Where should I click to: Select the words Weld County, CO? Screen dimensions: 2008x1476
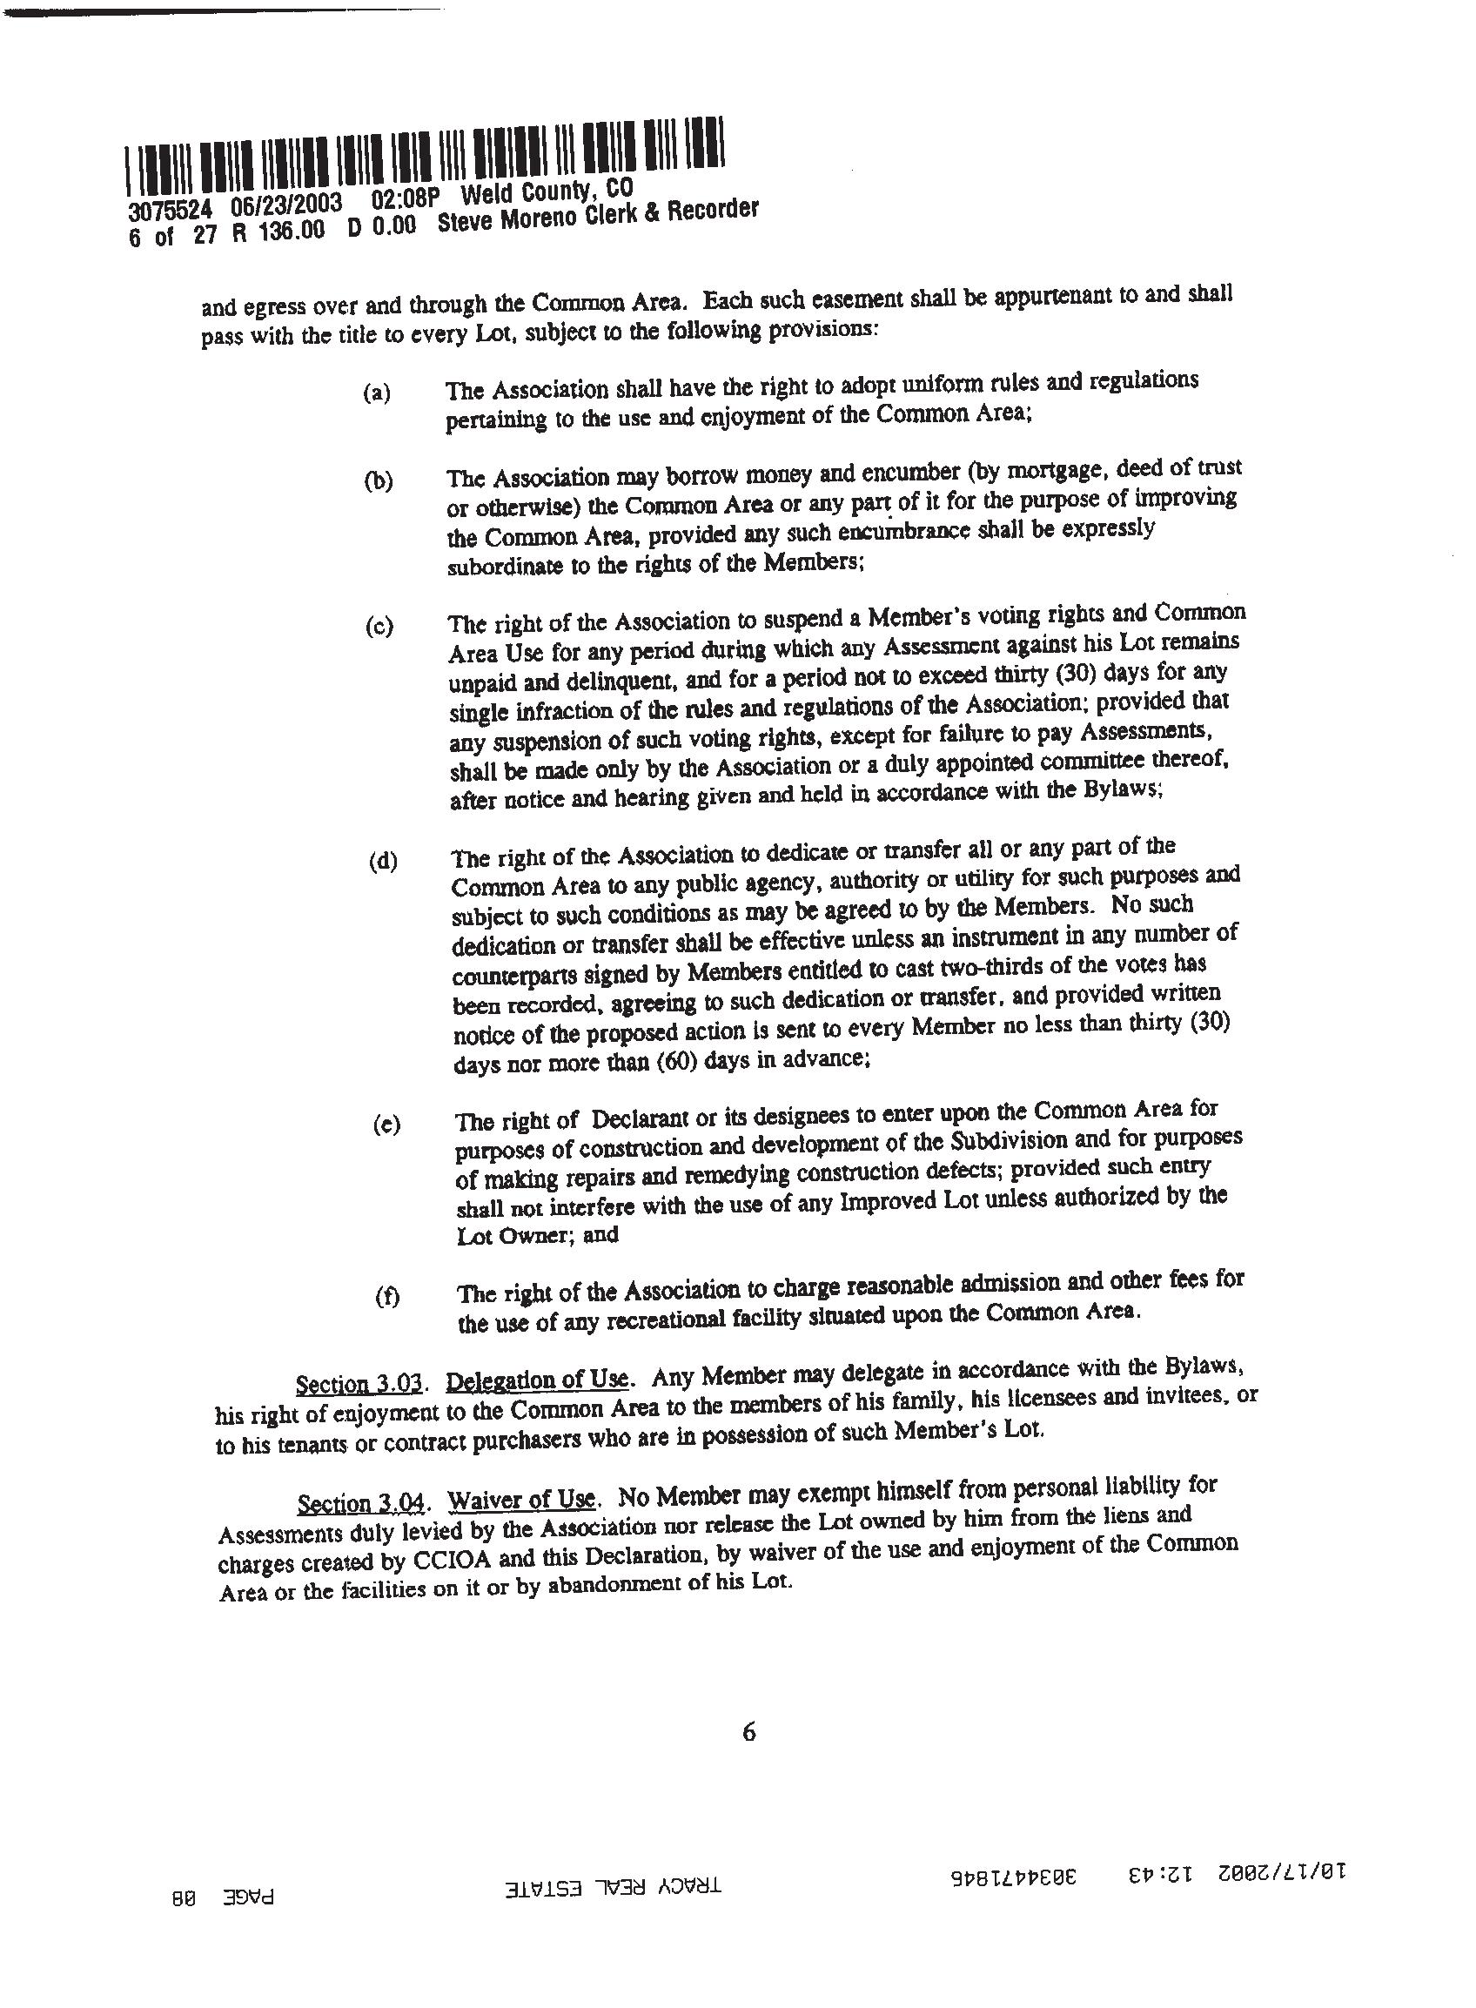click(546, 193)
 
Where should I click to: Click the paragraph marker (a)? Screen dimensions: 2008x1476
click(376, 393)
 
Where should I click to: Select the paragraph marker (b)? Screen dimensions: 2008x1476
click(378, 480)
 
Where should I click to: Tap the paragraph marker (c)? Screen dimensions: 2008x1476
click(379, 627)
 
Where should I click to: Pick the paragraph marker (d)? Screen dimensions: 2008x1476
click(382, 862)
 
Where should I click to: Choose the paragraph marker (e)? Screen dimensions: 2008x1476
click(386, 1125)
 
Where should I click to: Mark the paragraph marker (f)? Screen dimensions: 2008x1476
click(387, 1297)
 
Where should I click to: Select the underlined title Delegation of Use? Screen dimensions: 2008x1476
click(537, 1380)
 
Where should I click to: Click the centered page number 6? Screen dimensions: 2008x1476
click(748, 1733)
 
